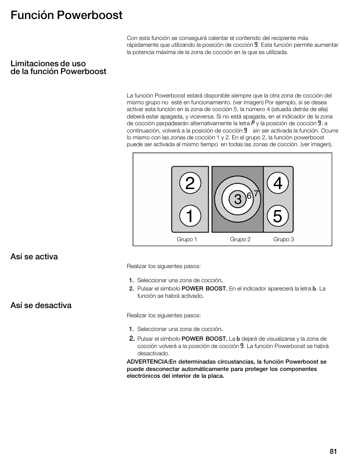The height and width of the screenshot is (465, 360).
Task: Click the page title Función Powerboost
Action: pos(66,15)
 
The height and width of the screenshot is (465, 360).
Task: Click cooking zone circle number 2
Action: pos(190,183)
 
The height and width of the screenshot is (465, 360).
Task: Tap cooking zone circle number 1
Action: pos(190,216)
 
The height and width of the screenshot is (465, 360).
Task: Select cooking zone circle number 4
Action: pos(278,183)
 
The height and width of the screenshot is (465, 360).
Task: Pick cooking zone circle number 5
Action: pos(278,216)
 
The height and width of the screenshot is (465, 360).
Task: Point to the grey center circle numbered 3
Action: pos(237,199)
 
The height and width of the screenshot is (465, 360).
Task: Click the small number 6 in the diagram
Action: pos(249,195)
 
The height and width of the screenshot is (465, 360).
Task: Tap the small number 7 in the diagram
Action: pos(255,193)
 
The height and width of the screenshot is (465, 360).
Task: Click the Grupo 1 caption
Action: pos(187,239)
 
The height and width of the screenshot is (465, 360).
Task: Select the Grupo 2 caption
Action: pos(240,239)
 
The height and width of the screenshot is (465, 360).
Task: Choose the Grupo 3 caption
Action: pos(283,239)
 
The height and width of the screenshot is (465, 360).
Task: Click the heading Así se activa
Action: pos(34,257)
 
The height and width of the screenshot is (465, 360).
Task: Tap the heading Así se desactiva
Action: pos(41,306)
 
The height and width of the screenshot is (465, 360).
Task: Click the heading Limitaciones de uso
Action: pos(48,64)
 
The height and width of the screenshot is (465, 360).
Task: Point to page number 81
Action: pos(333,451)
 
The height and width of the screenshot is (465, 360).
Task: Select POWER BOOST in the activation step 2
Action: pos(204,289)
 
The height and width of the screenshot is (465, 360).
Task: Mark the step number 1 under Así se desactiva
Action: pos(131,329)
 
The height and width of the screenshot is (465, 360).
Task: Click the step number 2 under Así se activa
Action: pos(131,289)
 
